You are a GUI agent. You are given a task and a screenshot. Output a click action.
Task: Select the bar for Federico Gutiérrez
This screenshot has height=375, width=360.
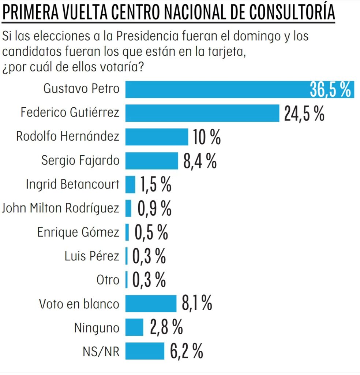(x=202, y=113)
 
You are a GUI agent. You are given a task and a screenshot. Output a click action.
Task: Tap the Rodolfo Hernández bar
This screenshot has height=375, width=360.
(x=157, y=137)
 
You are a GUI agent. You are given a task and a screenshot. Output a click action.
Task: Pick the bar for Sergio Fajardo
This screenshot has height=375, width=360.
(x=151, y=161)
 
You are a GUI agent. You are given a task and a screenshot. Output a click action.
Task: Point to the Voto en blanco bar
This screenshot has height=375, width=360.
(x=151, y=304)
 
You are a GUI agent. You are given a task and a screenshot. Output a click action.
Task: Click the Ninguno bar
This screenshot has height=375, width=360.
(x=134, y=327)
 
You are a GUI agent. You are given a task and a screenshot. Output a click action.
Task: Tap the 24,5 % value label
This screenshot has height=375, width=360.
(x=304, y=113)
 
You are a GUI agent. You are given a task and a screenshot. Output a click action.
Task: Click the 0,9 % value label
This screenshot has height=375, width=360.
(x=154, y=209)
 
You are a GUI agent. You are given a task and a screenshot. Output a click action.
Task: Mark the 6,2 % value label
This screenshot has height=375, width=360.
(x=186, y=352)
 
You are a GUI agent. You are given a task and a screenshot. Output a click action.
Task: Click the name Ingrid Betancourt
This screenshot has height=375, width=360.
(x=72, y=185)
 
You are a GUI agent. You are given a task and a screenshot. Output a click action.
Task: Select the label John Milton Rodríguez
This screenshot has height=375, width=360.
(x=60, y=208)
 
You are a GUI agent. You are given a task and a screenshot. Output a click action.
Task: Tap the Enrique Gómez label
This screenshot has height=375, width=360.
(x=78, y=232)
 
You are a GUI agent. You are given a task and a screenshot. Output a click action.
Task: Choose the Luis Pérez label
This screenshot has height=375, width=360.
(x=92, y=256)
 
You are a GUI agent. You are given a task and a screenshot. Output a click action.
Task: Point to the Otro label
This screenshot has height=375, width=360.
(x=108, y=280)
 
